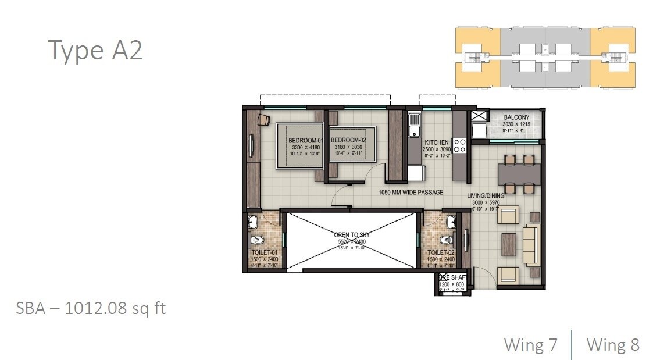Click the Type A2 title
point(95,51)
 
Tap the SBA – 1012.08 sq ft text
point(91,308)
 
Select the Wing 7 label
point(530,344)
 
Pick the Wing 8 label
point(613,344)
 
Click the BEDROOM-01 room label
point(305,141)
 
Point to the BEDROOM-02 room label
point(348,141)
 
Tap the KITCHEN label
point(436,142)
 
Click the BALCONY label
point(516,117)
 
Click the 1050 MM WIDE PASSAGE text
point(411,193)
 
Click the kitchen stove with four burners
point(459,145)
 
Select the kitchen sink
point(414,125)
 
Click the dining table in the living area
point(519,173)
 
